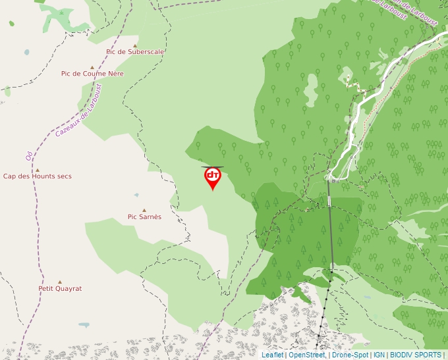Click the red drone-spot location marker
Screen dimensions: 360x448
point(212,176)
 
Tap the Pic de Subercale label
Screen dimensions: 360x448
point(135,51)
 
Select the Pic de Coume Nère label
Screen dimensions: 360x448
point(92,74)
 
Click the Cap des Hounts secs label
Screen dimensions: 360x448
point(38,176)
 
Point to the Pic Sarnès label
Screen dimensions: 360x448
point(144,217)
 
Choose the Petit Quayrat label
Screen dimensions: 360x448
point(60,288)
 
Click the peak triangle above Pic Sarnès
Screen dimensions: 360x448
point(144,210)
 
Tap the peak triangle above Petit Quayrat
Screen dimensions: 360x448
point(59,282)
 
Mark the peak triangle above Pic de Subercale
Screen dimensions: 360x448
point(135,45)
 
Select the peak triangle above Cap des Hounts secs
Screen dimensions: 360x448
point(37,170)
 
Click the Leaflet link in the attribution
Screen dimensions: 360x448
point(272,355)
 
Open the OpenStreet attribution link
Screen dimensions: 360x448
point(306,355)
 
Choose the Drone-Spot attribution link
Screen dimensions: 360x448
point(350,355)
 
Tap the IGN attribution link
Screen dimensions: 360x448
point(379,355)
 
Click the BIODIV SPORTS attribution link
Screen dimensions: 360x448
point(415,355)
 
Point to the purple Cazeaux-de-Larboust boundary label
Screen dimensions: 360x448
point(78,110)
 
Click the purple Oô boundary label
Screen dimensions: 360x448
point(28,155)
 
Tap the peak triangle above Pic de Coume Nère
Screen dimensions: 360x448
point(92,67)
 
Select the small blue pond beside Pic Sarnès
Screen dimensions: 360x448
point(136,195)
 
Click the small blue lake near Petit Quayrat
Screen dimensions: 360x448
point(84,324)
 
